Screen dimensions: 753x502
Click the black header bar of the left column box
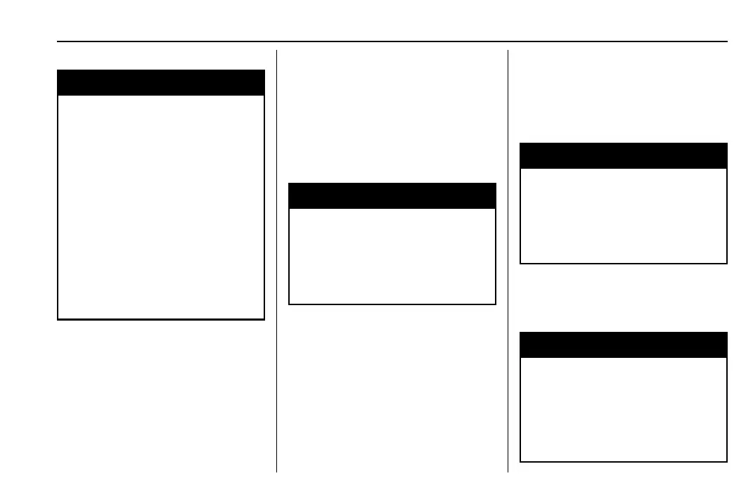(160, 82)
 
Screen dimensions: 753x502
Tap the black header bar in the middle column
(392, 195)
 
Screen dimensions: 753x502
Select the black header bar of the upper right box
(623, 155)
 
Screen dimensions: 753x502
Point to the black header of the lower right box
(623, 345)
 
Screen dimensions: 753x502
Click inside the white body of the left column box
(160, 207)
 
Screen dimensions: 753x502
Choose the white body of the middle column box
(392, 256)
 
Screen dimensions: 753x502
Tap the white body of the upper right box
(623, 215)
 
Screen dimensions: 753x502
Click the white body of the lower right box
(623, 408)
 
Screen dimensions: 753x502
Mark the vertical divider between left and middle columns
(276, 260)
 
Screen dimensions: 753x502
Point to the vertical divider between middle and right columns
(508, 260)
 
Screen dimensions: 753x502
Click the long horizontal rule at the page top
(392, 41)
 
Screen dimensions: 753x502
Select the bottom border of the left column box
(160, 320)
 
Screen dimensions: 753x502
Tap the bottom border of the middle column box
(392, 304)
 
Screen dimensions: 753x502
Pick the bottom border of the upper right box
(623, 263)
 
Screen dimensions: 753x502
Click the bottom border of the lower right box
(623, 461)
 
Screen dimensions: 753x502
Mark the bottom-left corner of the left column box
(58, 320)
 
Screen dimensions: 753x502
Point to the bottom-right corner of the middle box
(496, 304)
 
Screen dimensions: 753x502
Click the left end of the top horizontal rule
(58, 41)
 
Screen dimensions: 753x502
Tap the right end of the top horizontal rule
(726, 41)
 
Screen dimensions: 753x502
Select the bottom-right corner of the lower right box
(726, 461)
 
